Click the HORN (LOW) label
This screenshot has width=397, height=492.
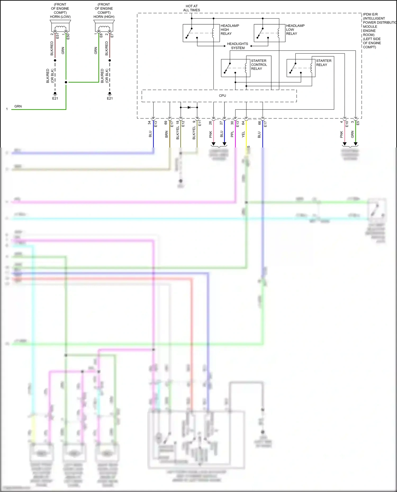coord(60,17)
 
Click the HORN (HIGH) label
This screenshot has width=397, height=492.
coord(104,17)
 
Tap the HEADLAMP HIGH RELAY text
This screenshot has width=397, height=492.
coord(229,30)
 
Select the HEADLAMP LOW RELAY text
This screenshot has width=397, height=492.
coord(295,30)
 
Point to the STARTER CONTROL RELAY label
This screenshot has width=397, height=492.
coord(259,65)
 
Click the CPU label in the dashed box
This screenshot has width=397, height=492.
coord(222,96)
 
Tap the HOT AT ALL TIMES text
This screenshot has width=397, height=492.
coord(191,8)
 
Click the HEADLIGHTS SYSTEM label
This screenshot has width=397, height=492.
coord(237,46)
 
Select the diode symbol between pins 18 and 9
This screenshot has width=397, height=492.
coord(189,107)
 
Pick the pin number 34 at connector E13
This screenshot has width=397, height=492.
coord(150,123)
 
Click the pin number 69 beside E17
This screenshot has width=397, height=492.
coord(166,123)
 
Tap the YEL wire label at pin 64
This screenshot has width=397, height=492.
coord(243,135)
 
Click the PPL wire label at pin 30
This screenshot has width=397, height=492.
coord(232,134)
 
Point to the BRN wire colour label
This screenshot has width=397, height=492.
coord(166,134)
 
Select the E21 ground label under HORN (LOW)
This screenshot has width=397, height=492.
coord(55,98)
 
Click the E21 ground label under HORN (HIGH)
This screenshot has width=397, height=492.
coord(110,98)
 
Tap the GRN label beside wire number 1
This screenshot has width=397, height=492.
coord(18,106)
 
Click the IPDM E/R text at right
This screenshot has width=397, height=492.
coord(370,14)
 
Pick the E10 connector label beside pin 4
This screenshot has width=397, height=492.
coord(347,124)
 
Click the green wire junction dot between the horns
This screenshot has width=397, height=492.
coord(66,82)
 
